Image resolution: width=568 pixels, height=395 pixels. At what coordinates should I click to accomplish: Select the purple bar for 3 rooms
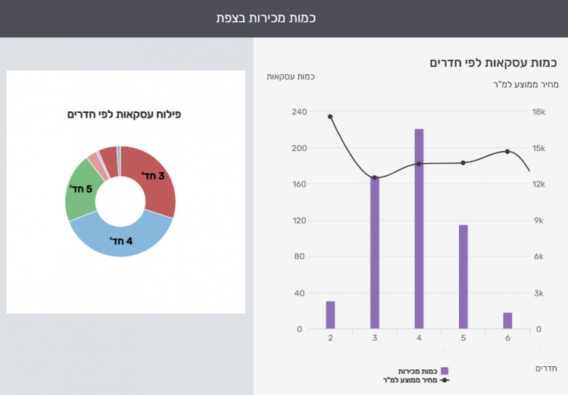tap(374, 253)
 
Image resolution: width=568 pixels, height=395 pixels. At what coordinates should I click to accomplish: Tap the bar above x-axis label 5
tap(463, 277)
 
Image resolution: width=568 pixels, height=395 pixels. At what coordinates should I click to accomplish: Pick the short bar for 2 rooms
tap(330, 315)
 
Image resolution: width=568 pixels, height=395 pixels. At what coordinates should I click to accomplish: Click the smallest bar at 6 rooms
tap(507, 321)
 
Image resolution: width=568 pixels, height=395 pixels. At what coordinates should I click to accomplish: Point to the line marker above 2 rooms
tap(330, 117)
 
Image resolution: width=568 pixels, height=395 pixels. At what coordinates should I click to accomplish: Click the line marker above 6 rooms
tap(507, 152)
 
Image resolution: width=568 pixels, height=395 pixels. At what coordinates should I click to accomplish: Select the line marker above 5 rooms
tap(463, 162)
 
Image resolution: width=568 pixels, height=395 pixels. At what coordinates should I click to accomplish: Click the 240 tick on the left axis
tap(298, 112)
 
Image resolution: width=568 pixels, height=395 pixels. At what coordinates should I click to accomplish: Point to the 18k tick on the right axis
tap(538, 112)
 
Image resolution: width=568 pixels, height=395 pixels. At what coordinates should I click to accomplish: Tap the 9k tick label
tap(538, 221)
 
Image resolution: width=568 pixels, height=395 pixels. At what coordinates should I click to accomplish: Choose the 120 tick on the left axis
tap(298, 221)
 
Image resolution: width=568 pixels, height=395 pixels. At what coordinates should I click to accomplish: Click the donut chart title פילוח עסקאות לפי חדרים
tap(124, 114)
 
